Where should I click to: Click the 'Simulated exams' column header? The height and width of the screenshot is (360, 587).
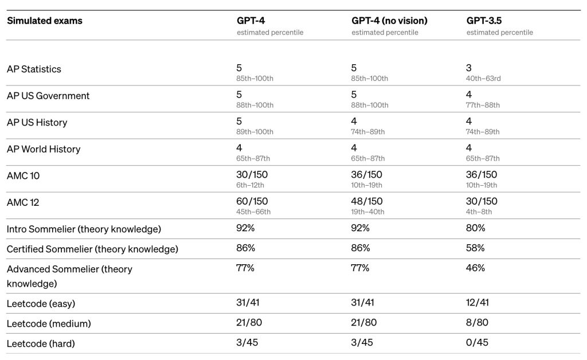(x=45, y=21)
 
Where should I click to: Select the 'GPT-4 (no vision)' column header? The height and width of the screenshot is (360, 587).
(x=389, y=21)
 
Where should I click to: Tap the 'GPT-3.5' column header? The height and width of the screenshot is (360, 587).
(x=484, y=21)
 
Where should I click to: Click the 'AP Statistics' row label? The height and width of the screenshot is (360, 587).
(x=34, y=69)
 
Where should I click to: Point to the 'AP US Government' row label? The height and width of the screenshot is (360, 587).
(x=48, y=96)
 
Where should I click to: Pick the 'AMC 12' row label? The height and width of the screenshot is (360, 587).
(x=23, y=202)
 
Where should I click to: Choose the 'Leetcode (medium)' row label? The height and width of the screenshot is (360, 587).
(x=49, y=324)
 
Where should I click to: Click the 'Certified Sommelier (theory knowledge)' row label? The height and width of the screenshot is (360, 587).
(x=92, y=249)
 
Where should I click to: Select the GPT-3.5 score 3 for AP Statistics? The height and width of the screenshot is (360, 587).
(x=469, y=68)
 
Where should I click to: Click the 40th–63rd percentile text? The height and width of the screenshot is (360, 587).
(x=483, y=79)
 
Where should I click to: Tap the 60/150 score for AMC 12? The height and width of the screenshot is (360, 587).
(x=252, y=201)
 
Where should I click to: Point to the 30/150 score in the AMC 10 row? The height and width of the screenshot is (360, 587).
(x=252, y=175)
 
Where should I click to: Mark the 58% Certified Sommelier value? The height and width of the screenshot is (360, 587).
(x=475, y=248)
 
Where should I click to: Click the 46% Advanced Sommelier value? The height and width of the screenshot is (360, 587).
(x=475, y=268)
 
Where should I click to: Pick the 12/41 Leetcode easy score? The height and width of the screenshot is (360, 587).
(x=478, y=302)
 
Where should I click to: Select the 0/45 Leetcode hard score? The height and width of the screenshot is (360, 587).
(x=477, y=342)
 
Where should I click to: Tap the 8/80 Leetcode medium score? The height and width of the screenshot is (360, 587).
(x=477, y=323)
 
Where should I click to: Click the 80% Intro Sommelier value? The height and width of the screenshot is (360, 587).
(x=475, y=228)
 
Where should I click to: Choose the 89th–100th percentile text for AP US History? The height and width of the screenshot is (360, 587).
(x=255, y=132)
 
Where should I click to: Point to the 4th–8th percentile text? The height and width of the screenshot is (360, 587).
(x=479, y=212)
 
